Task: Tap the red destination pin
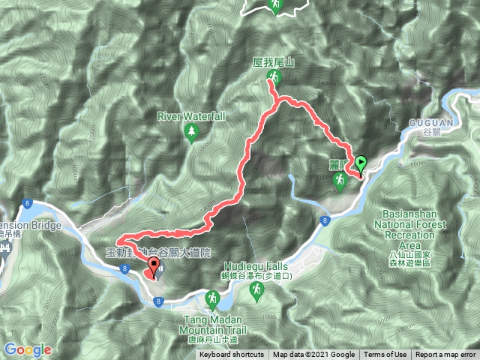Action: pos(154,265)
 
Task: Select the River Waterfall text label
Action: pos(191,117)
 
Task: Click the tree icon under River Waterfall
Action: pos(191,133)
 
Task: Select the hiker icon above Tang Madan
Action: pos(213,300)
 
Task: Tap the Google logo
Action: pos(27,349)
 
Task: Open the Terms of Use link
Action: pos(385,355)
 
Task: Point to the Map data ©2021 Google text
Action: pos(313,355)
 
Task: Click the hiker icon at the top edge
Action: pos(275,6)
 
